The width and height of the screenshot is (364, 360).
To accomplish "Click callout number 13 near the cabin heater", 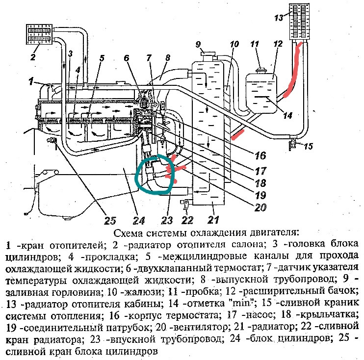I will point(279,18).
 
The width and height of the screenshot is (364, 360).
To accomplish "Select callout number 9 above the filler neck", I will point(199,45).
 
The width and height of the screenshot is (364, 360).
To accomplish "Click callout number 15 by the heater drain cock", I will point(308,145).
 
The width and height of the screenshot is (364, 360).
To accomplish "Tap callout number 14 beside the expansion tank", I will point(288,116).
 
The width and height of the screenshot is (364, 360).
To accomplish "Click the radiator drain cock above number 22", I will point(186,202).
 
